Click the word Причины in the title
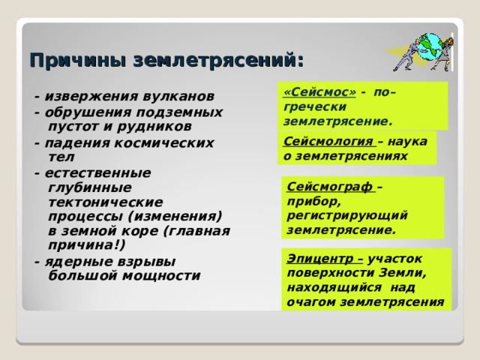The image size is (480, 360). point(78,61)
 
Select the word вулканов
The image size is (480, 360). point(178,96)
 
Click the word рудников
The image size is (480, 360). point(154,127)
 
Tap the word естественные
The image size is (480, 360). point(98,173)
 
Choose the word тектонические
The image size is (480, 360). point(106,202)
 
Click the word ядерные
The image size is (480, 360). point(78,262)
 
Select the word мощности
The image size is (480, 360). point(162,276)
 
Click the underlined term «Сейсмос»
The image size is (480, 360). point(320,92)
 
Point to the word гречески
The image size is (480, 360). point(315,106)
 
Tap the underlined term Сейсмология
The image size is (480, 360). point(328,142)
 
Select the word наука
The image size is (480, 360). point(407,142)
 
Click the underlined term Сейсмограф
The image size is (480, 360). point(330,187)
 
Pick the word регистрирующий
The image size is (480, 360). point(347,215)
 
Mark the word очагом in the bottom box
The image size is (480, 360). point(311,302)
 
